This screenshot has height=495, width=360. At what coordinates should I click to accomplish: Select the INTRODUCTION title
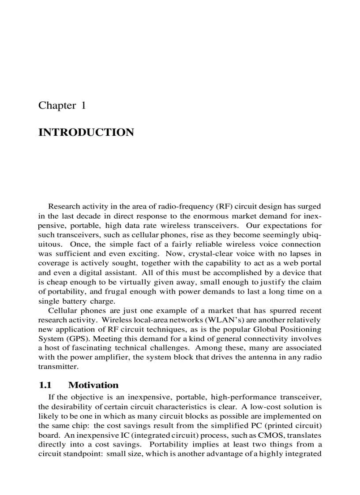point(86,133)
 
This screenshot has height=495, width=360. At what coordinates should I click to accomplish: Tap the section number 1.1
point(45,385)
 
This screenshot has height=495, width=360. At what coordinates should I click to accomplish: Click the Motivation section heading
point(94,385)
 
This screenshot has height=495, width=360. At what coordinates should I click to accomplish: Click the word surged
point(309,206)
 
